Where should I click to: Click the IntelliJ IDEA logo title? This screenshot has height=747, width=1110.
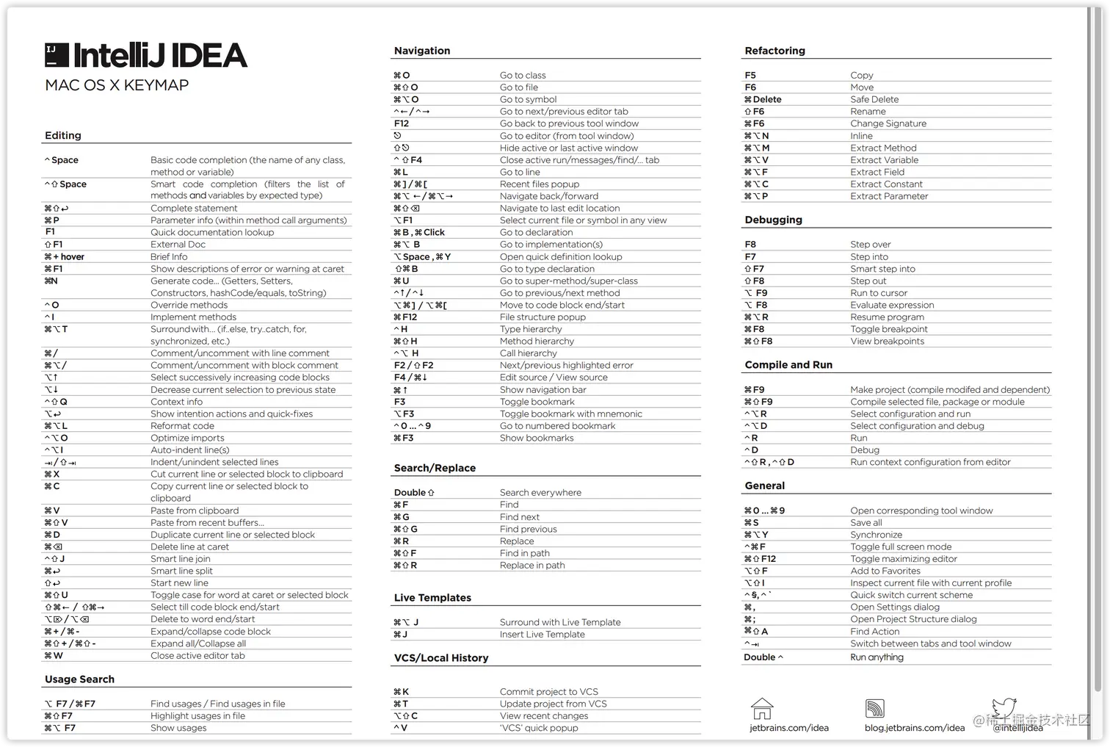point(146,56)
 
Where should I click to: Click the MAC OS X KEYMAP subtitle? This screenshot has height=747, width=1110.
point(117,85)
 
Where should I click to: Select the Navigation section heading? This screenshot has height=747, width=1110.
point(422,51)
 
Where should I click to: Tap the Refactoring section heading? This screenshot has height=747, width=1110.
point(775,51)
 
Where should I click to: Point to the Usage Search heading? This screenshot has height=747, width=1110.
point(79,679)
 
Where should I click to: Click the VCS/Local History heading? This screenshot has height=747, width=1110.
point(440,658)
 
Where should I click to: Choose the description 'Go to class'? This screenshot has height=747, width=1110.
point(523,75)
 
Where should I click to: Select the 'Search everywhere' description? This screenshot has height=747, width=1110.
point(540,493)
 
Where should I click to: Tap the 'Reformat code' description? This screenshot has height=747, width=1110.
point(182,426)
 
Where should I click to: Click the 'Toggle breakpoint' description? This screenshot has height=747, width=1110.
point(889,329)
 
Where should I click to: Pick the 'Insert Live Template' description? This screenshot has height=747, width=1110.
point(542,635)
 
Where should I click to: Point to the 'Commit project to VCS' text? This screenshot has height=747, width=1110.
point(548,692)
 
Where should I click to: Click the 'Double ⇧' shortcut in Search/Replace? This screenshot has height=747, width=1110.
point(414,493)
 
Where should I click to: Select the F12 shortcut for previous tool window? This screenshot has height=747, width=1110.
point(402,123)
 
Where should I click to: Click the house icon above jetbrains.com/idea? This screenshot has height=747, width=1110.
point(762,709)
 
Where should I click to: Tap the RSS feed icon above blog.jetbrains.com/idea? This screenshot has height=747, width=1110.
point(874,709)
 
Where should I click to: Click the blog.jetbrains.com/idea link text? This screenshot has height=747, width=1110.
point(914,728)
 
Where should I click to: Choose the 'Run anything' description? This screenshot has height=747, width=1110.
point(877,657)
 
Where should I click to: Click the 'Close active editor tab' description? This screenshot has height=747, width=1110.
point(197,656)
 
